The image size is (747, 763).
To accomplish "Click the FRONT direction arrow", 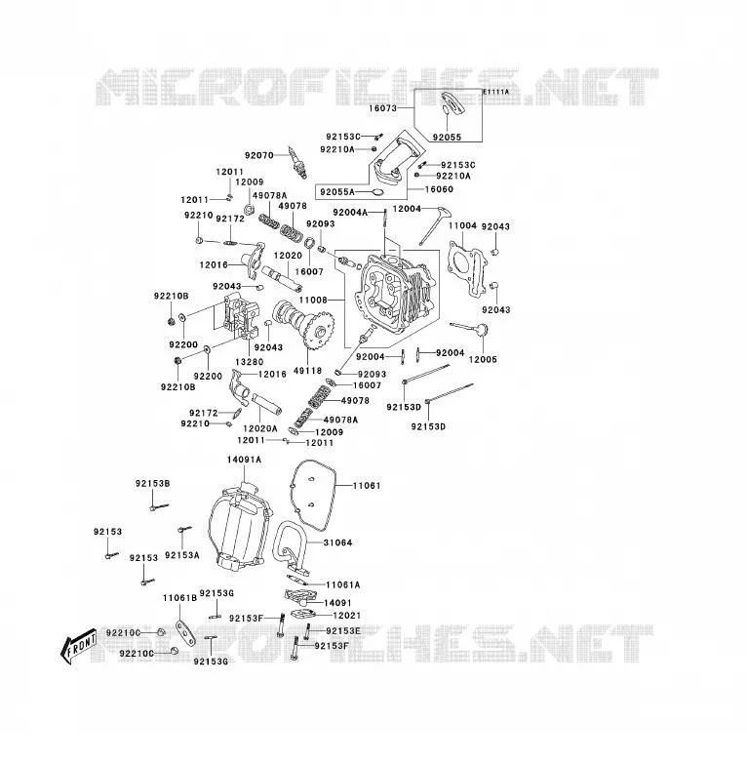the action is click(78, 648).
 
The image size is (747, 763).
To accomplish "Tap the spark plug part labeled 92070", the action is click(297, 162).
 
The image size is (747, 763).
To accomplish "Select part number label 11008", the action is click(313, 301).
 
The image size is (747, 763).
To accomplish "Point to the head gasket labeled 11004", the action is click(465, 268).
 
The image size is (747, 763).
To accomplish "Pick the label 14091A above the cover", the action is click(244, 460).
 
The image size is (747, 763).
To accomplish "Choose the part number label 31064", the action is click(338, 542).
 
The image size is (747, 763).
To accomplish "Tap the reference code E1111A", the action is click(496, 92).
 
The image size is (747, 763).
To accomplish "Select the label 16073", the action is click(382, 108).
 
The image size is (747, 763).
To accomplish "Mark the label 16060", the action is click(439, 189).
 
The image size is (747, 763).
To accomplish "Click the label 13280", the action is click(249, 362).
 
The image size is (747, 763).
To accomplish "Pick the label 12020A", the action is click(260, 428).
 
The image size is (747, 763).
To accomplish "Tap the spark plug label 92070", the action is click(259, 155).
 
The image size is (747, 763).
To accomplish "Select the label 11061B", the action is click(180, 597).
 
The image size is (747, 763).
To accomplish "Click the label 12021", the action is click(347, 615).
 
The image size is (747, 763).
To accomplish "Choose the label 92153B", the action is click(153, 483).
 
